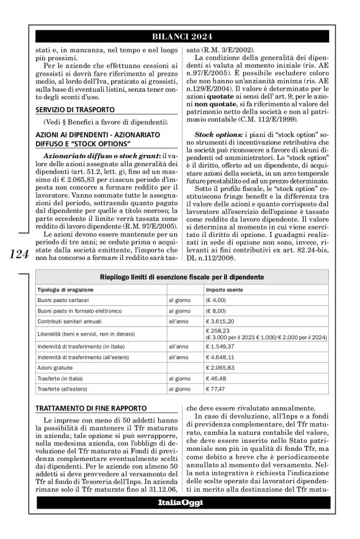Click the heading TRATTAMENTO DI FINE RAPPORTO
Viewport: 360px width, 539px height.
coord(84,408)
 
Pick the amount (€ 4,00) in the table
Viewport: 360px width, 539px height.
coord(218,300)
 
